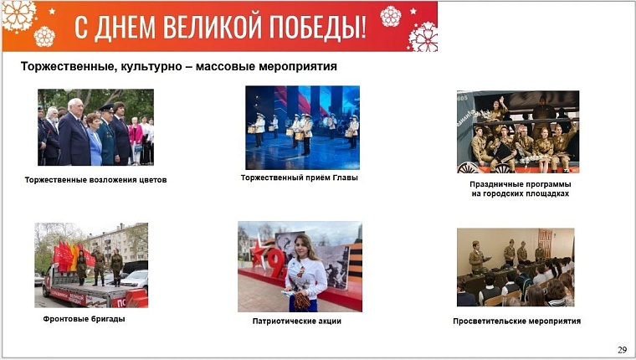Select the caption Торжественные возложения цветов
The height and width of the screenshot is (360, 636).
tap(95, 180)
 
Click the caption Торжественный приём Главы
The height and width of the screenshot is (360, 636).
tap(299, 177)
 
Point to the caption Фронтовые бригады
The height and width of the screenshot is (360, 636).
tap(84, 319)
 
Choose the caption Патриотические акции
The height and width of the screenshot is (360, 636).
tap(297, 321)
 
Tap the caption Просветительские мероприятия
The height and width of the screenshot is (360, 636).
tap(516, 321)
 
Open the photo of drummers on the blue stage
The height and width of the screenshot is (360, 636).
tap(302, 127)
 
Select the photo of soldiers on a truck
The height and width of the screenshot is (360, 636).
tap(90, 265)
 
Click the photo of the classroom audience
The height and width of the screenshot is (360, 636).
tap(515, 267)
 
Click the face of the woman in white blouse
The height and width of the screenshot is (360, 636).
tap(305, 248)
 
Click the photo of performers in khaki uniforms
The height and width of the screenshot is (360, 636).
tap(518, 131)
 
